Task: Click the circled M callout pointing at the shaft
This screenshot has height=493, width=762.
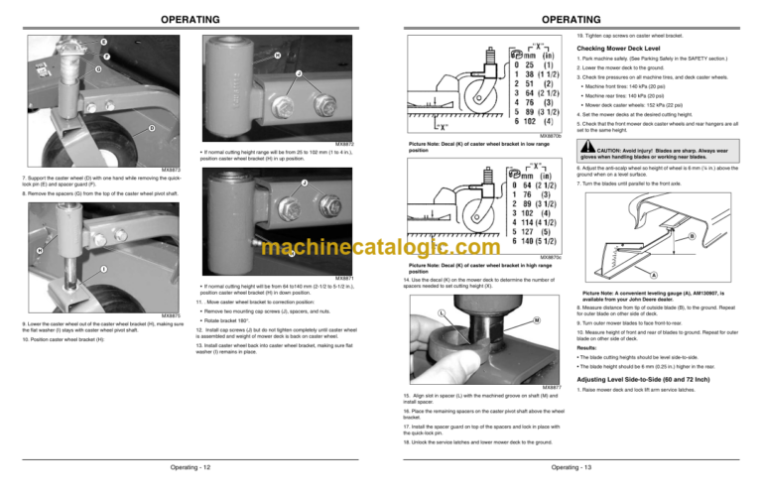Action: coord(508,319)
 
